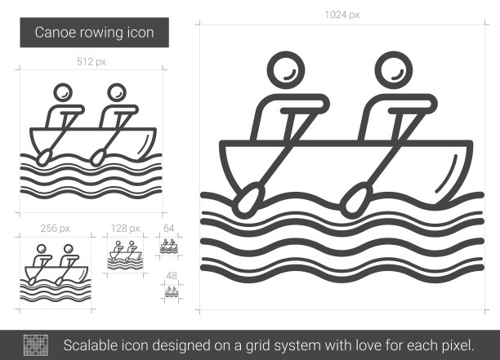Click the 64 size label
168,229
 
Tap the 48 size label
172,276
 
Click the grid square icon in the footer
36,345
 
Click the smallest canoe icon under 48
172,291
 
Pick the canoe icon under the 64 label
168,247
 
